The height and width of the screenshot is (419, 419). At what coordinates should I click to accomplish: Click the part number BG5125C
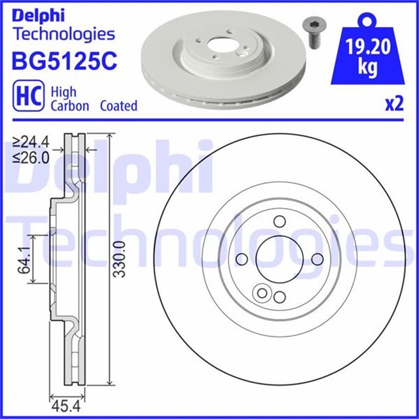[x=64, y=62]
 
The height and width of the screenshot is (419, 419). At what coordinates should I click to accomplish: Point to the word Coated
[x=118, y=105]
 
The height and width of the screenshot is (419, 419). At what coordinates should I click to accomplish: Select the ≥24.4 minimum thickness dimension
[x=32, y=140]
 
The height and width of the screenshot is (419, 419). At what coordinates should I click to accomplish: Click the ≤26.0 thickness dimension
[x=32, y=158]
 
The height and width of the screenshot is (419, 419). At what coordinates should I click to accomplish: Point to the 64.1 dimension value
[x=25, y=260]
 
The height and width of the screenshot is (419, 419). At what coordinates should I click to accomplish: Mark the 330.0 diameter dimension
[x=118, y=260]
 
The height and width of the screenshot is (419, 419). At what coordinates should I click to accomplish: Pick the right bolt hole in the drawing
[x=317, y=259]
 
